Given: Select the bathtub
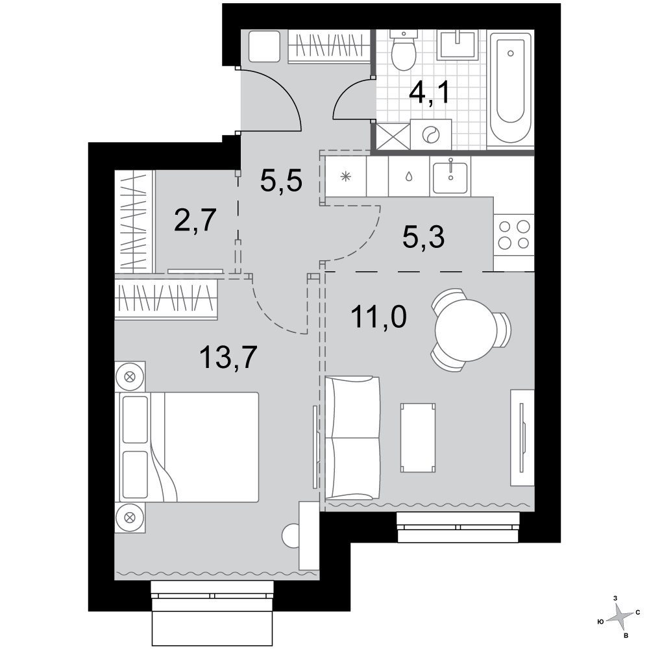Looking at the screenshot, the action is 510,88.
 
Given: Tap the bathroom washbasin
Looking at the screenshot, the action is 458,44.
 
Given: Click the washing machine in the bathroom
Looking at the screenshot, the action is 431,134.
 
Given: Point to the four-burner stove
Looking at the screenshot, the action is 513,235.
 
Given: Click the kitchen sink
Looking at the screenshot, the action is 450,177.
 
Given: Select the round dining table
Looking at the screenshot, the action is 466,330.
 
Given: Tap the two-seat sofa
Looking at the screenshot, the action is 352,438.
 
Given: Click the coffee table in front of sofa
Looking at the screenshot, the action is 418,437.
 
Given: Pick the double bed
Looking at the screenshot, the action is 189,447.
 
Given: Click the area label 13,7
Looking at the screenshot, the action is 228,357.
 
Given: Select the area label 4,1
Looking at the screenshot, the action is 429,93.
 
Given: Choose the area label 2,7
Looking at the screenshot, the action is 195,221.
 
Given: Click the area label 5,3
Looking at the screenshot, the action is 423,237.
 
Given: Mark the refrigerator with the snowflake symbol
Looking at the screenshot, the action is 346,177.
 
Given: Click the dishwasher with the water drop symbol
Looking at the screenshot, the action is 408,177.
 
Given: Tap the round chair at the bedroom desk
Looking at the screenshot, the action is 291,535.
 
